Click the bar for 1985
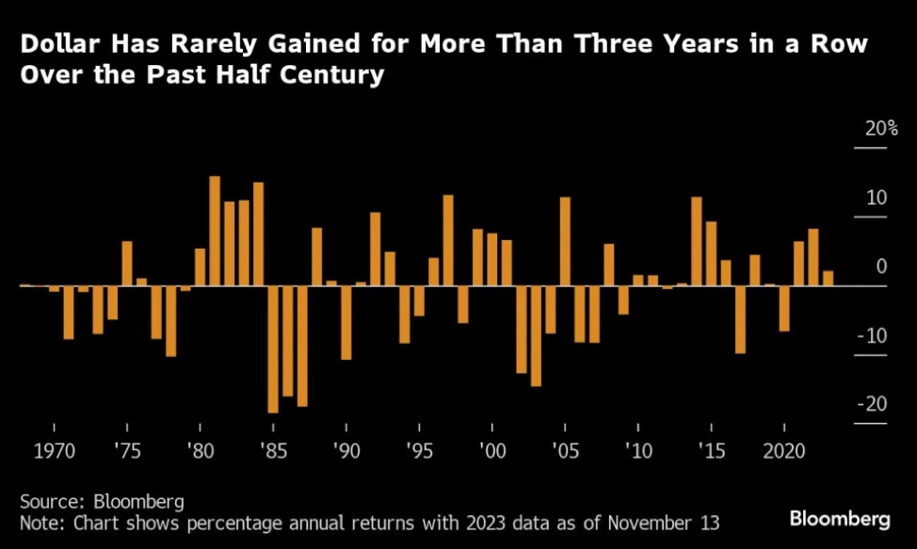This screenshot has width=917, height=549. tap(273, 348)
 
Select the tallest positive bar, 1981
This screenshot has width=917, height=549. tap(215, 231)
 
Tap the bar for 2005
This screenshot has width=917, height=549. tap(565, 241)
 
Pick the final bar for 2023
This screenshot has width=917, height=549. tap(828, 278)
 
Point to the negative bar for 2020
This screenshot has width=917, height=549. tap(783, 308)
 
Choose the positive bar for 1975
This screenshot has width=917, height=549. tap(127, 263)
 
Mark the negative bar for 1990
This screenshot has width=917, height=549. tap(346, 322)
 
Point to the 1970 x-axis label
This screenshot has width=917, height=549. tap(54, 450)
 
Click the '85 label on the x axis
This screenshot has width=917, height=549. tap(273, 450)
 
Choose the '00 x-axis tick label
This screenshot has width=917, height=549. tap(491, 450)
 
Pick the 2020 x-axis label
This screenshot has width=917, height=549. tap(783, 450)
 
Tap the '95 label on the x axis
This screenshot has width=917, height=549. tap(419, 450)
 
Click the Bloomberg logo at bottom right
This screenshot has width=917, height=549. tap(840, 519)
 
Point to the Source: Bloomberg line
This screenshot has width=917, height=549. tap(101, 500)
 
